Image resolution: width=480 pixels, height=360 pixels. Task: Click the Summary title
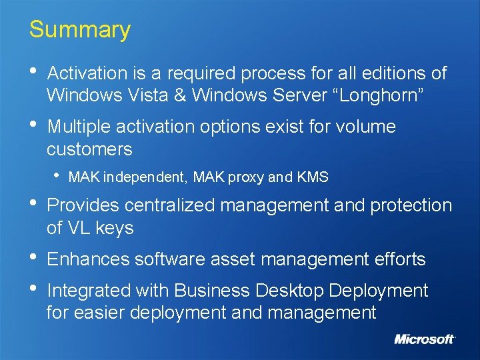click(x=80, y=30)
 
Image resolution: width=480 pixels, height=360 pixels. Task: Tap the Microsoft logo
click(x=425, y=339)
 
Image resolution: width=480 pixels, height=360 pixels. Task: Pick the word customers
click(x=89, y=149)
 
